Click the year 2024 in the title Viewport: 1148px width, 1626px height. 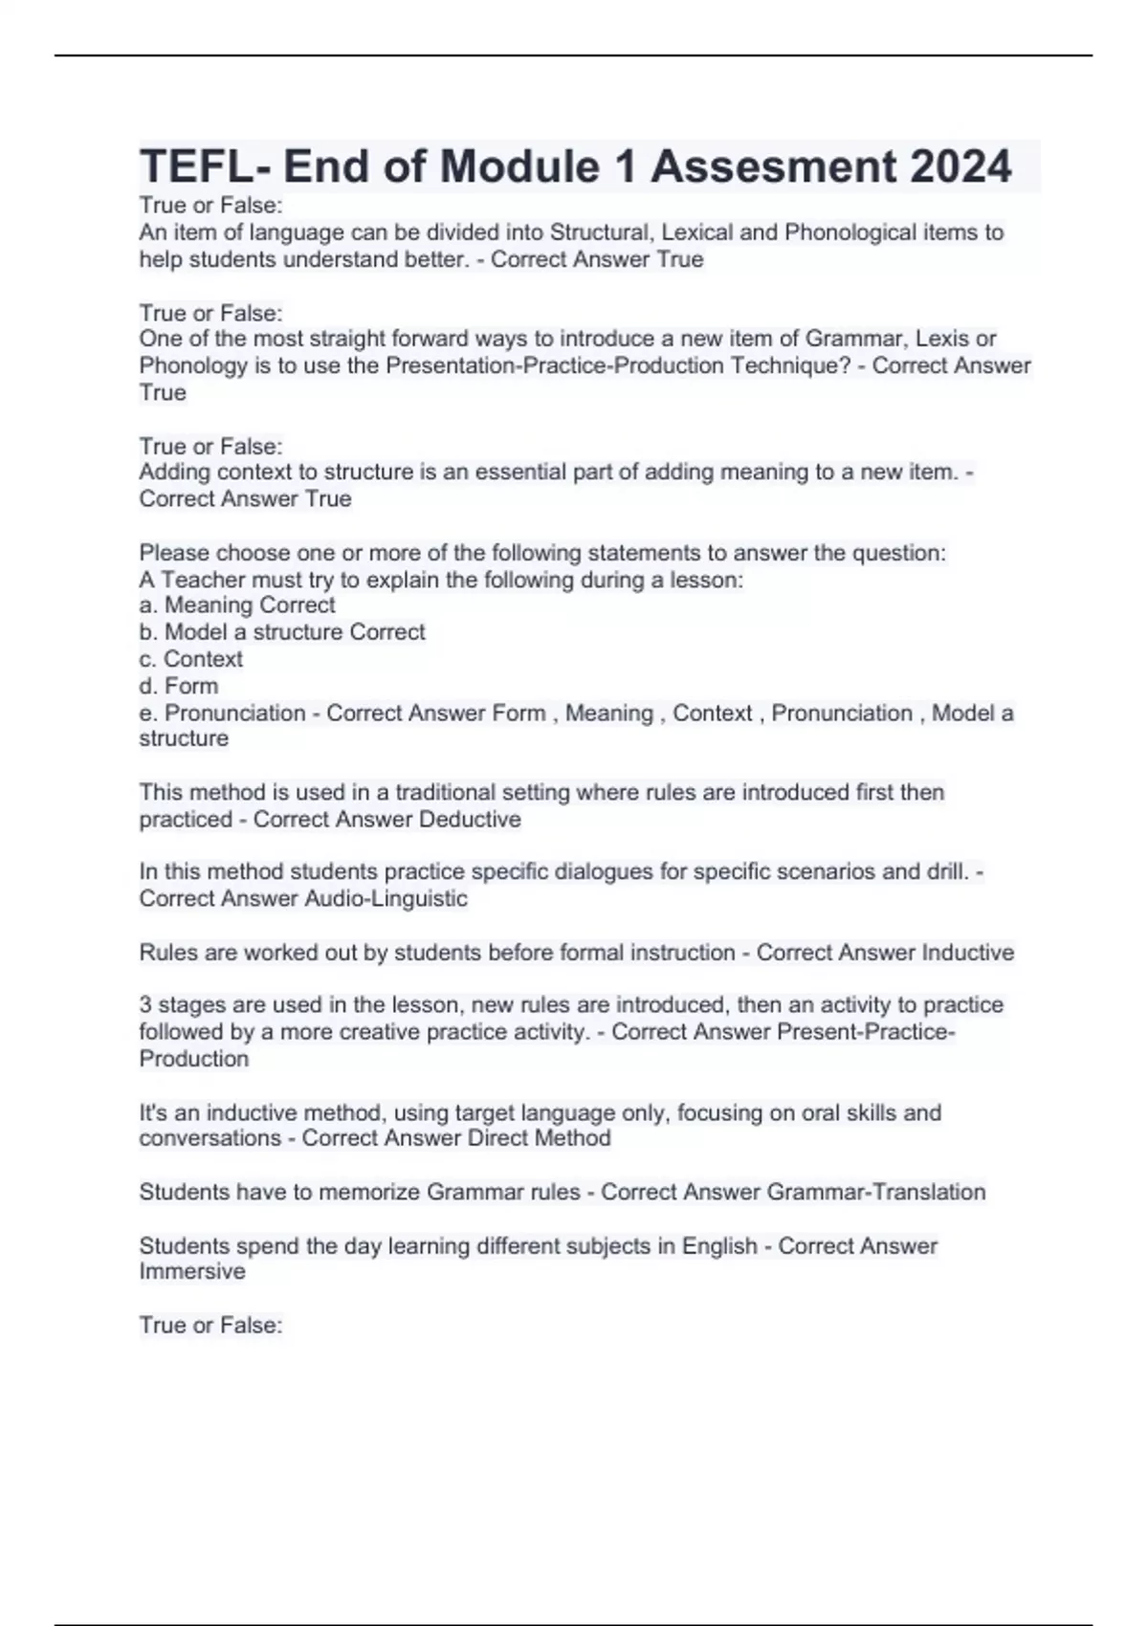[960, 166]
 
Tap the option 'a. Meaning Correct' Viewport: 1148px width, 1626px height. [237, 605]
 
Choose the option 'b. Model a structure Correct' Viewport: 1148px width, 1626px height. [282, 632]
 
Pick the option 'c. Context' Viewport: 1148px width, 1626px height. [191, 659]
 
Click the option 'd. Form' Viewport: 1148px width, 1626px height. [179, 686]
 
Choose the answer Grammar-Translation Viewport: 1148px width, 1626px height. [875, 1192]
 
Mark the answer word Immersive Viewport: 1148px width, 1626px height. [192, 1272]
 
